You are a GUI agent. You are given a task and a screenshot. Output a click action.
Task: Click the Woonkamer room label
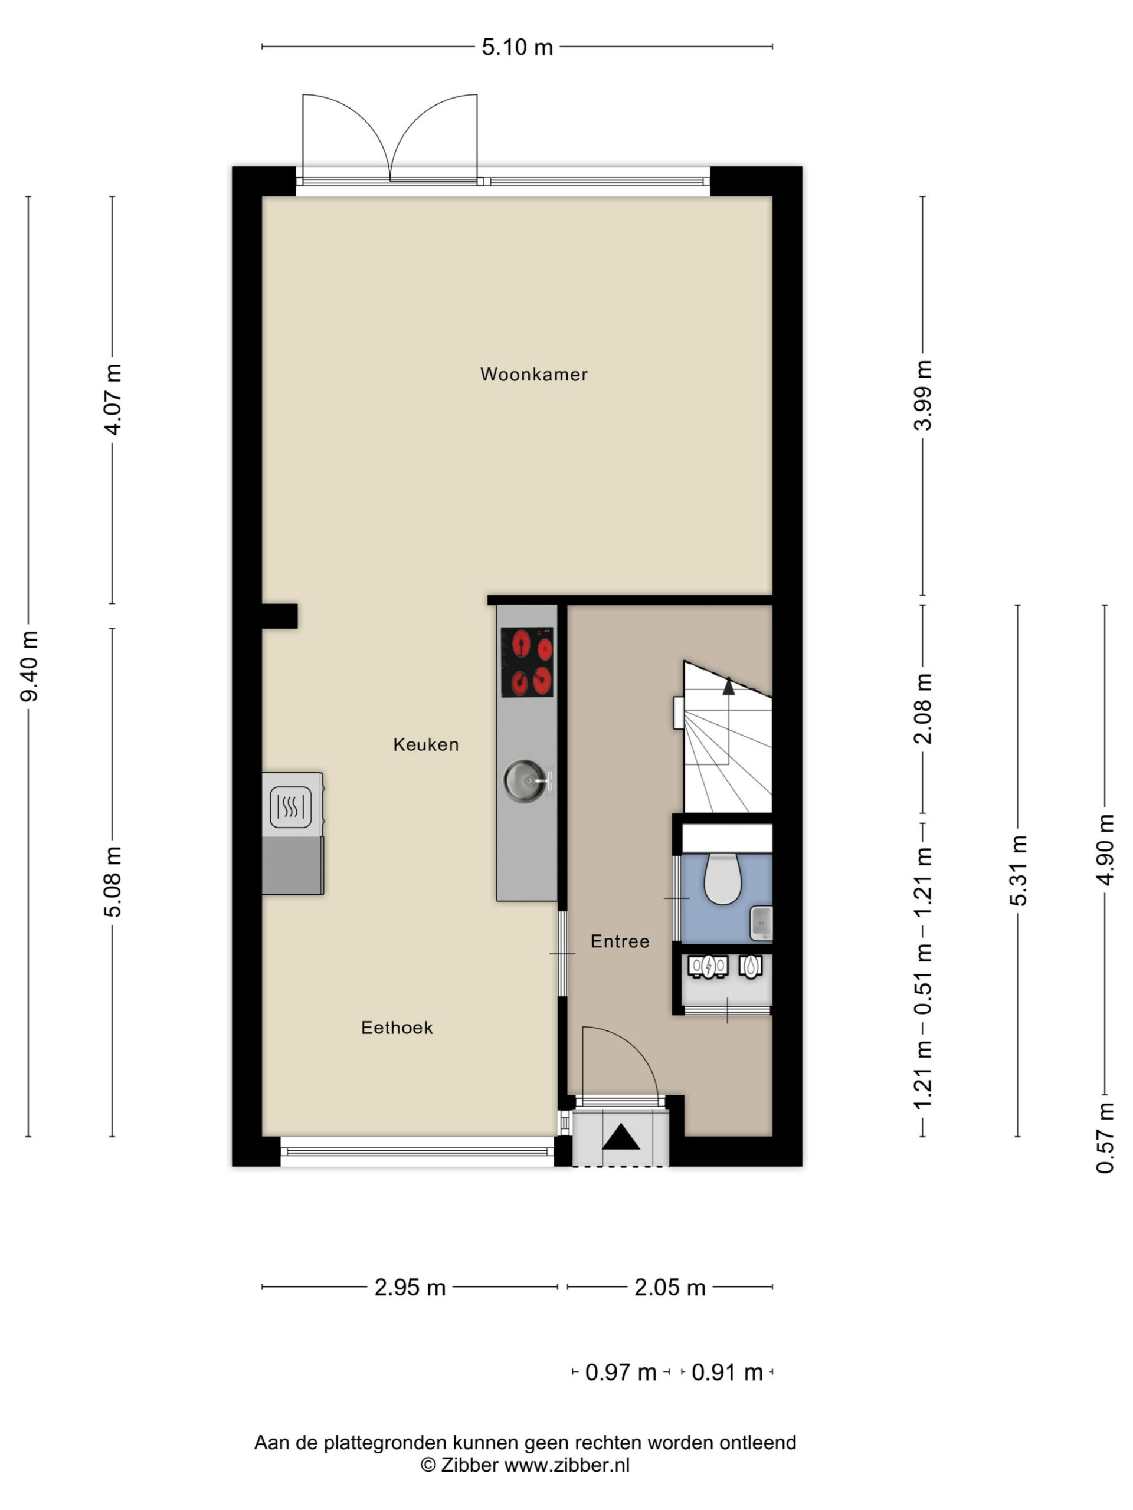click(533, 374)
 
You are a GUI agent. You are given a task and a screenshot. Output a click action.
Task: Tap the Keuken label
click(425, 744)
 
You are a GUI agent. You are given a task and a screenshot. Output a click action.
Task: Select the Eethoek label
click(397, 1028)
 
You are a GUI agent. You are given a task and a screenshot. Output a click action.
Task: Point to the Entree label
click(620, 941)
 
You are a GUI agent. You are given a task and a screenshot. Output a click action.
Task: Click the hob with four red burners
click(526, 662)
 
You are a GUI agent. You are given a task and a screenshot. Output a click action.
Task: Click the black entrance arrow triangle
click(621, 1137)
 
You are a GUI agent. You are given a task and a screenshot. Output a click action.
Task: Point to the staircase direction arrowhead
click(729, 686)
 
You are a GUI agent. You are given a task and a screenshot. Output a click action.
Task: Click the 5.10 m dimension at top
click(517, 47)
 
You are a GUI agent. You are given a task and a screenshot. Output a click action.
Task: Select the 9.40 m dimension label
click(30, 667)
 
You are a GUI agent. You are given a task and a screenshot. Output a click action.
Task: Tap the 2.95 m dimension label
click(410, 1288)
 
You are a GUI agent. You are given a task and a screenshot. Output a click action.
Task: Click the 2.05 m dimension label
click(669, 1288)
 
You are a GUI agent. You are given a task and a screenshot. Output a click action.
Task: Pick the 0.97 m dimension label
click(620, 1372)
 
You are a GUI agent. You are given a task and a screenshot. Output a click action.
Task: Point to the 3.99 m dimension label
click(923, 395)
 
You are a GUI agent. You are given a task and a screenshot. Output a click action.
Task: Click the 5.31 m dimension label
click(1019, 871)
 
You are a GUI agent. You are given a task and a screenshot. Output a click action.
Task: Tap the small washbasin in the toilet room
click(761, 923)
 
